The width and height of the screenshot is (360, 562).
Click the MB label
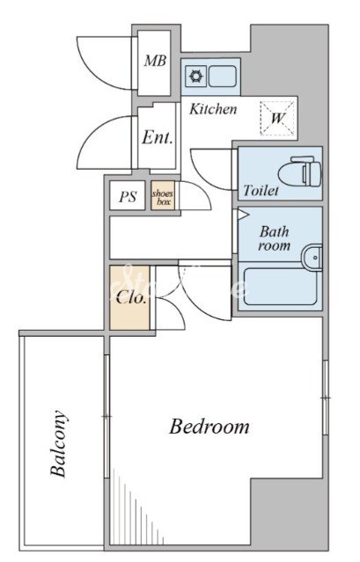(x=155, y=61)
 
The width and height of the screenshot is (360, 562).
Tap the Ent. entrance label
(x=158, y=137)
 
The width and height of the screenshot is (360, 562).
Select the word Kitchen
(x=213, y=109)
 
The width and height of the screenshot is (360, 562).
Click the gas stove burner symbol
(x=196, y=77)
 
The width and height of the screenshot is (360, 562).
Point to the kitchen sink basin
(x=223, y=77)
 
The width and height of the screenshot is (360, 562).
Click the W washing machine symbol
(x=277, y=118)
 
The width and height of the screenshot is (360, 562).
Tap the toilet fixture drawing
(x=301, y=172)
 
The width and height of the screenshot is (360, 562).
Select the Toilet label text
(x=261, y=190)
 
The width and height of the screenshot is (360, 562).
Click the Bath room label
(x=275, y=238)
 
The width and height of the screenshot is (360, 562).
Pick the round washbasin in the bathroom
(x=312, y=258)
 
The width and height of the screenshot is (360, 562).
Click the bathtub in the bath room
(x=281, y=287)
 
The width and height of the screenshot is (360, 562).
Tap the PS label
(x=128, y=197)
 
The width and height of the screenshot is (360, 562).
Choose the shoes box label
(x=163, y=198)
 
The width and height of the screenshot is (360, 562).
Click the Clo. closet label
(x=131, y=297)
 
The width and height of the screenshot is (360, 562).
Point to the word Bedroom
(x=209, y=427)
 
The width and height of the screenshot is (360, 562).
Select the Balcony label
(x=58, y=444)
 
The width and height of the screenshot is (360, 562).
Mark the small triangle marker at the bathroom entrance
(x=243, y=215)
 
